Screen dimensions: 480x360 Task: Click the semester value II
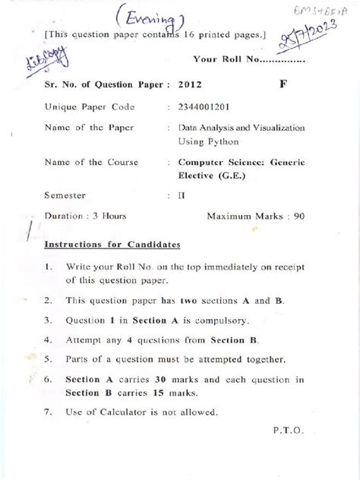(182, 194)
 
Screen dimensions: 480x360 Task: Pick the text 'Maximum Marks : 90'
(256, 216)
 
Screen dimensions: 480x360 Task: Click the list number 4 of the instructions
(47, 339)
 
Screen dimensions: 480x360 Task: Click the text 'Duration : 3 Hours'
(88, 216)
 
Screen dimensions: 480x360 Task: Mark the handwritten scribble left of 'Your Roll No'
(33, 58)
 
